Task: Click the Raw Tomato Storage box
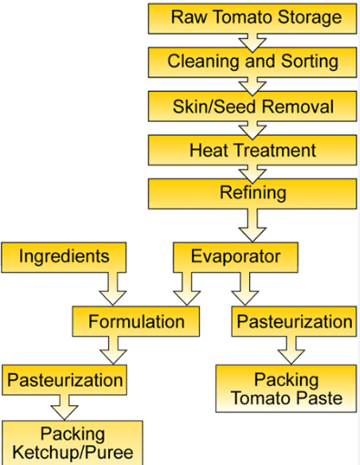(252, 18)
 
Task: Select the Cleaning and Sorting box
(252, 62)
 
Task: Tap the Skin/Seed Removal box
(252, 106)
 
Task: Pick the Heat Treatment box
(252, 150)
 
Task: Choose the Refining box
(252, 194)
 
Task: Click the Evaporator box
(235, 258)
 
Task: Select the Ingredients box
(64, 258)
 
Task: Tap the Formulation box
(135, 321)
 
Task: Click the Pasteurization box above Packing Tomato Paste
(294, 321)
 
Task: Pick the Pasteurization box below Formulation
(65, 379)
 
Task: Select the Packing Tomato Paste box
(286, 389)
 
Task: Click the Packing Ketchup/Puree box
(72, 443)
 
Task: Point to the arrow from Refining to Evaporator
(253, 225)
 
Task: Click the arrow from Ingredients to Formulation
(113, 288)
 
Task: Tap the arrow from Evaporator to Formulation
(187, 288)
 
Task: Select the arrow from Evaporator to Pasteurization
(245, 288)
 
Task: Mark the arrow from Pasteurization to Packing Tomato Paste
(291, 350)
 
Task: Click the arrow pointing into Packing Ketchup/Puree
(65, 408)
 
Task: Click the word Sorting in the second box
(309, 62)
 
